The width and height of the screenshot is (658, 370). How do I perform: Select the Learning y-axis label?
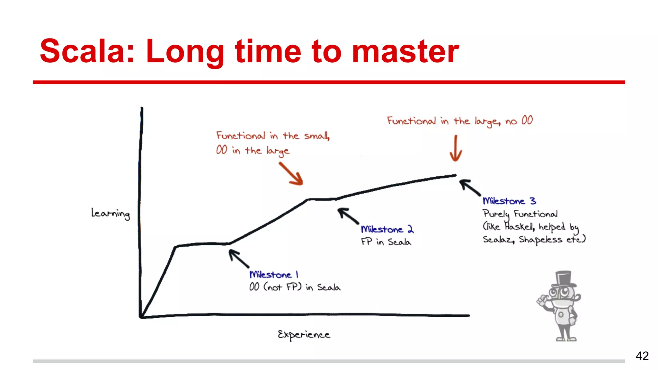[x=111, y=213]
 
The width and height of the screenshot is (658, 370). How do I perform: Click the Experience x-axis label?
[x=304, y=335]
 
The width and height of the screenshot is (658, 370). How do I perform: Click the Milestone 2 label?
[x=387, y=229]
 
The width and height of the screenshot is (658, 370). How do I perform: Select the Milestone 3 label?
[x=509, y=201]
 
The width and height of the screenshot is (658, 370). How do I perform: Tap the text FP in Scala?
[x=386, y=242]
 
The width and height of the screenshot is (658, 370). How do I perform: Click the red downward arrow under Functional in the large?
[x=456, y=149]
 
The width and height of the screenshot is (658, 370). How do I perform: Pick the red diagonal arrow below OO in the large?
[x=291, y=174]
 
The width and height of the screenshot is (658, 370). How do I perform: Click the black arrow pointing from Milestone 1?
[x=238, y=259]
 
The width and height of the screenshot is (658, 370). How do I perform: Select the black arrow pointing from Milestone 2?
[x=348, y=216]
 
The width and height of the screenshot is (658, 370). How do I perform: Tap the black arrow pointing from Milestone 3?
[x=470, y=188]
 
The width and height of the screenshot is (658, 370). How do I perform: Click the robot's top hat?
[x=564, y=278]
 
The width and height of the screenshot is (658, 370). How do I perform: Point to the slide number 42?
[x=642, y=356]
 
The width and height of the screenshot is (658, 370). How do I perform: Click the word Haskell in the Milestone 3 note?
[x=519, y=227]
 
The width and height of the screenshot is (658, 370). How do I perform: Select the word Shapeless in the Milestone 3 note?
[x=540, y=240]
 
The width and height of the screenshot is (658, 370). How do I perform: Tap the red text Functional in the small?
[x=273, y=136]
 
